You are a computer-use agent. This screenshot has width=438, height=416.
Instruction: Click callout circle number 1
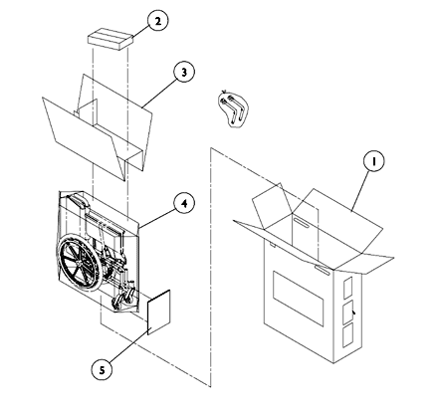pos(371,159)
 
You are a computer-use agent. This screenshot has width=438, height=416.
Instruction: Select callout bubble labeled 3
pos(182,72)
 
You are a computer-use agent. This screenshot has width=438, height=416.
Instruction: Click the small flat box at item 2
pos(109,38)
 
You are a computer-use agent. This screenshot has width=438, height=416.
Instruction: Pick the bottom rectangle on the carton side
pos(347,338)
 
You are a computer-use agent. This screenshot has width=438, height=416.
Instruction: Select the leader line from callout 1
pos(356,187)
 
